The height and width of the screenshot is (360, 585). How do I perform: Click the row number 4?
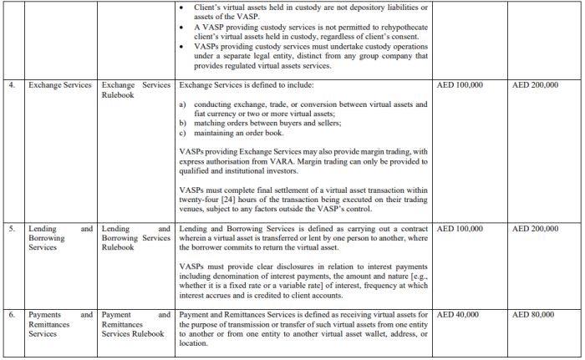coord(10,85)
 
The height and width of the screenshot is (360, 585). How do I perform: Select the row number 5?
coord(10,227)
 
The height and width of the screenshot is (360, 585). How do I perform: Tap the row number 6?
coord(10,314)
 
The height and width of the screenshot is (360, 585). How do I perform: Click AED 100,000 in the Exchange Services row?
coord(460,85)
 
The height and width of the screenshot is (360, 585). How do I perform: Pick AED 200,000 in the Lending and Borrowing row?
coord(535,227)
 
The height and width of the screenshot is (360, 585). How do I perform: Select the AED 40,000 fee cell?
coord(458,314)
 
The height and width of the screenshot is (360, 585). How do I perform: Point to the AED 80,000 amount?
coord(534,314)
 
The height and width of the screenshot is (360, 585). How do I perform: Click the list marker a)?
coord(183,104)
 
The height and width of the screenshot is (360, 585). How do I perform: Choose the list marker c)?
coord(183,133)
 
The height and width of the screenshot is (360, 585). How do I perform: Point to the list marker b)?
coord(183,123)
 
